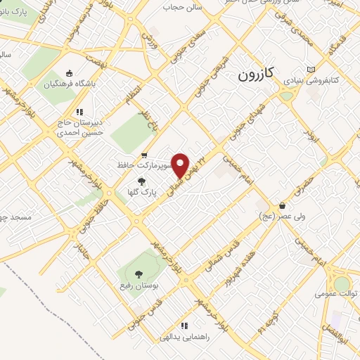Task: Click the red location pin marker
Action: tap(181, 165)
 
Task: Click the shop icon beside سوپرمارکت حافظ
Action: tap(144, 155)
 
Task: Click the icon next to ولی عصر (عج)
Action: tap(282, 206)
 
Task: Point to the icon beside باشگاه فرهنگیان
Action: tap(68, 73)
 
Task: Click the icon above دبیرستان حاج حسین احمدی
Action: tap(79, 111)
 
